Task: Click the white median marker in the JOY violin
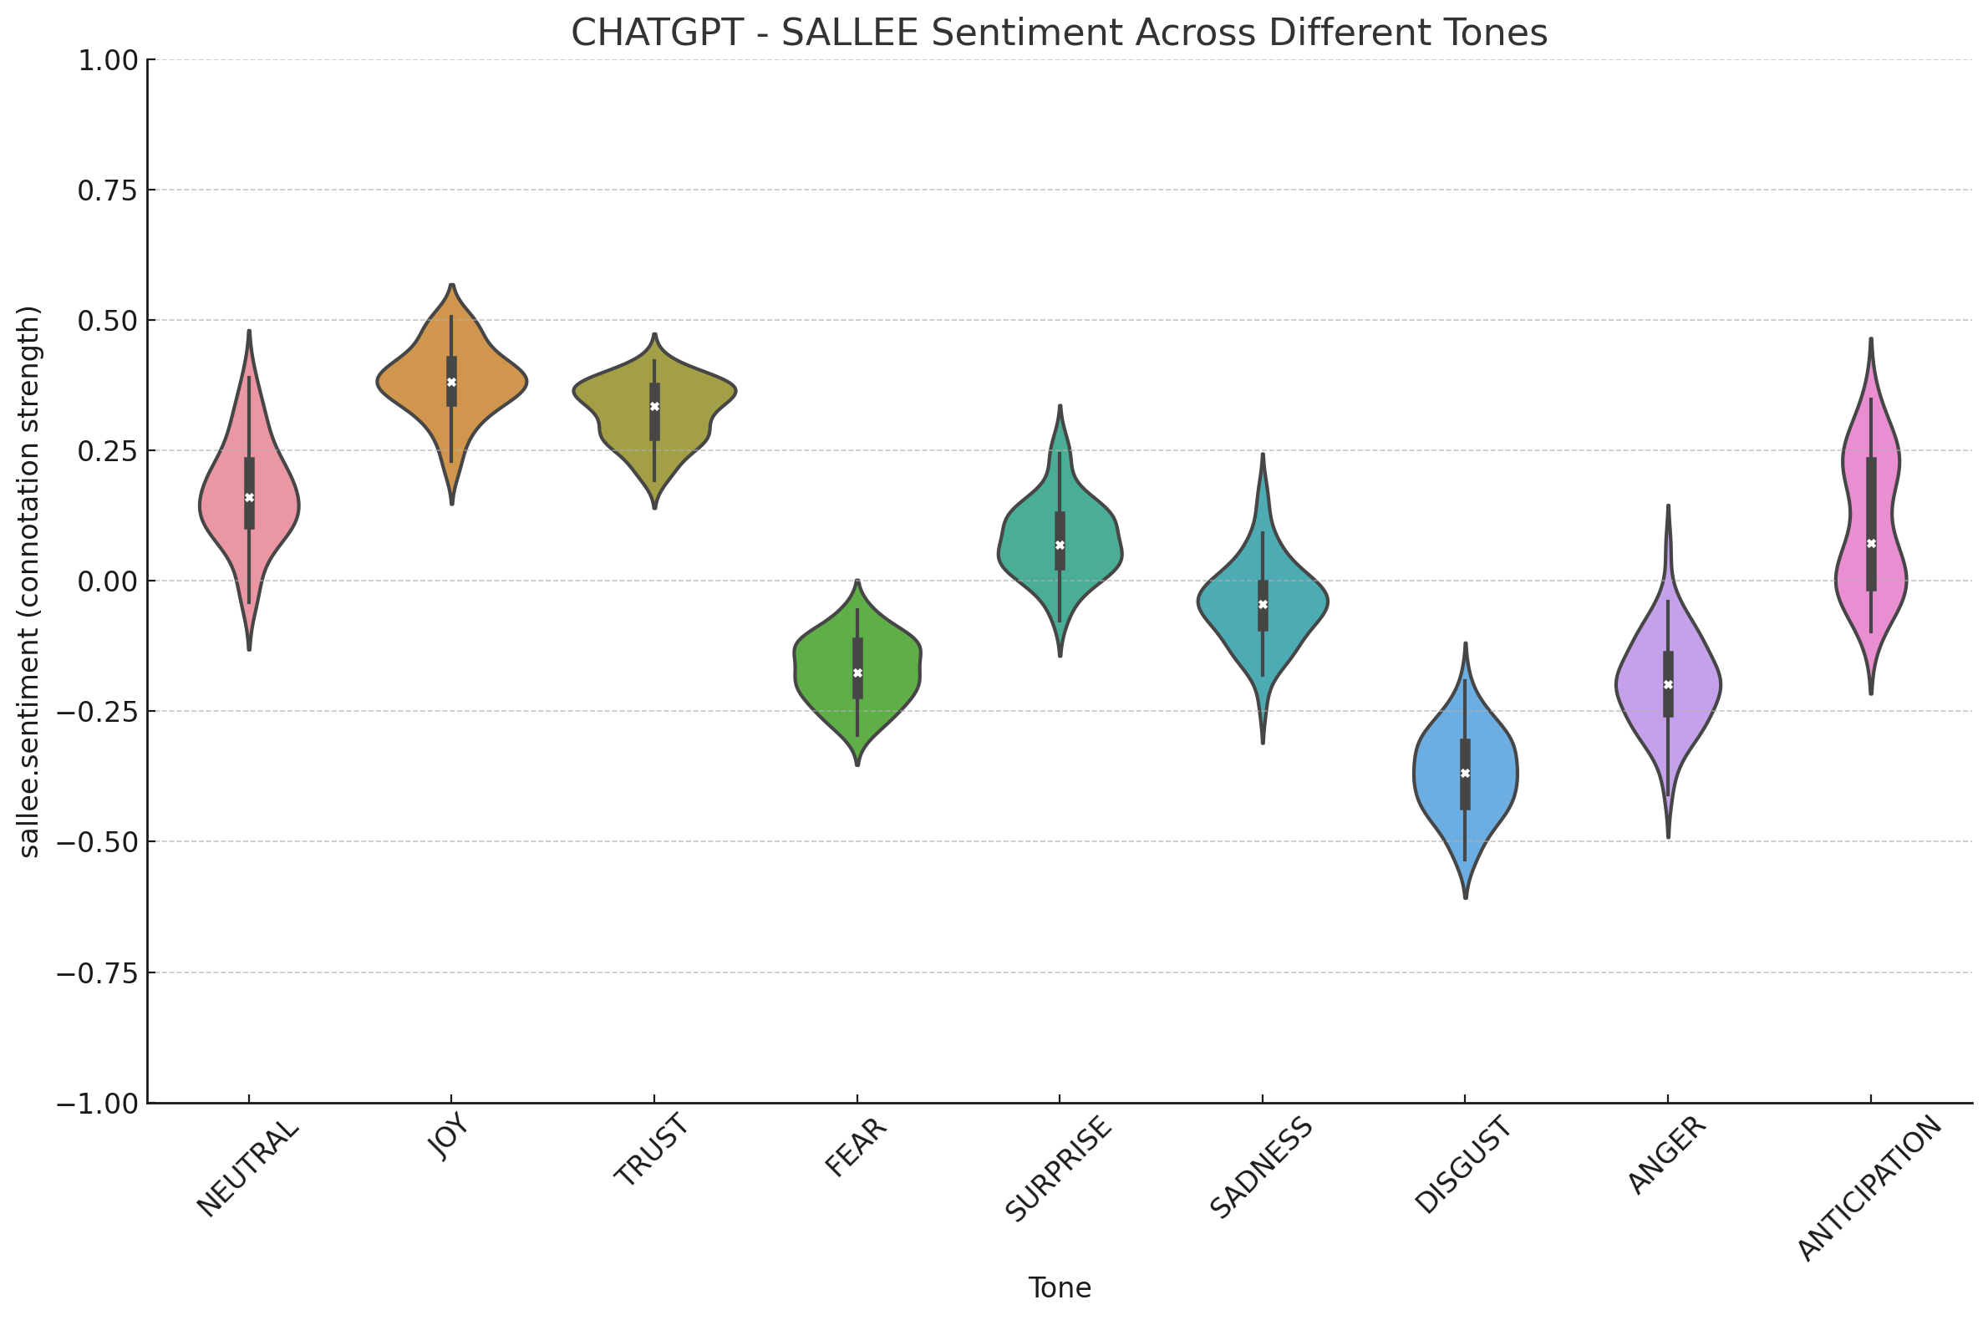tap(451, 382)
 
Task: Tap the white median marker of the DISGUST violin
tap(1465, 773)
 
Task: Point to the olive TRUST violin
tap(623, 396)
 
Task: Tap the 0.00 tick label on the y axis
tap(107, 581)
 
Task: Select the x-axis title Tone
tap(1060, 1288)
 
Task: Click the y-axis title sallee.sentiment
tap(29, 581)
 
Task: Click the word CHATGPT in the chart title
tap(657, 33)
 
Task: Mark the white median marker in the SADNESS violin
tap(1262, 604)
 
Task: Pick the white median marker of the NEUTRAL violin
tap(249, 498)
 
